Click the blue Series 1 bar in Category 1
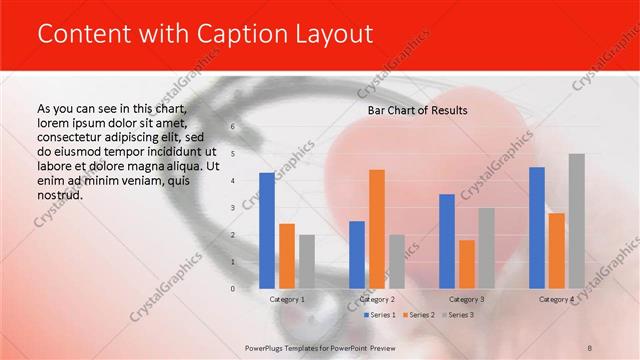point(267,231)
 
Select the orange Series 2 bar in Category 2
point(377,229)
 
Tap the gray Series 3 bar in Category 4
point(576,221)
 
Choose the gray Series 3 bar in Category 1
point(307,262)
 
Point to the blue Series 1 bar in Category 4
point(537,228)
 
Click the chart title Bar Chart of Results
point(418,110)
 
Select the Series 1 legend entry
point(379,315)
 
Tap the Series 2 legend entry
point(419,315)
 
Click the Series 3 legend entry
point(457,315)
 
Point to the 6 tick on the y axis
point(232,127)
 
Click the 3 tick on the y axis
point(232,208)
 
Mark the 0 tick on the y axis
point(232,289)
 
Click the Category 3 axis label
point(467,299)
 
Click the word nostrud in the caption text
point(59,194)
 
